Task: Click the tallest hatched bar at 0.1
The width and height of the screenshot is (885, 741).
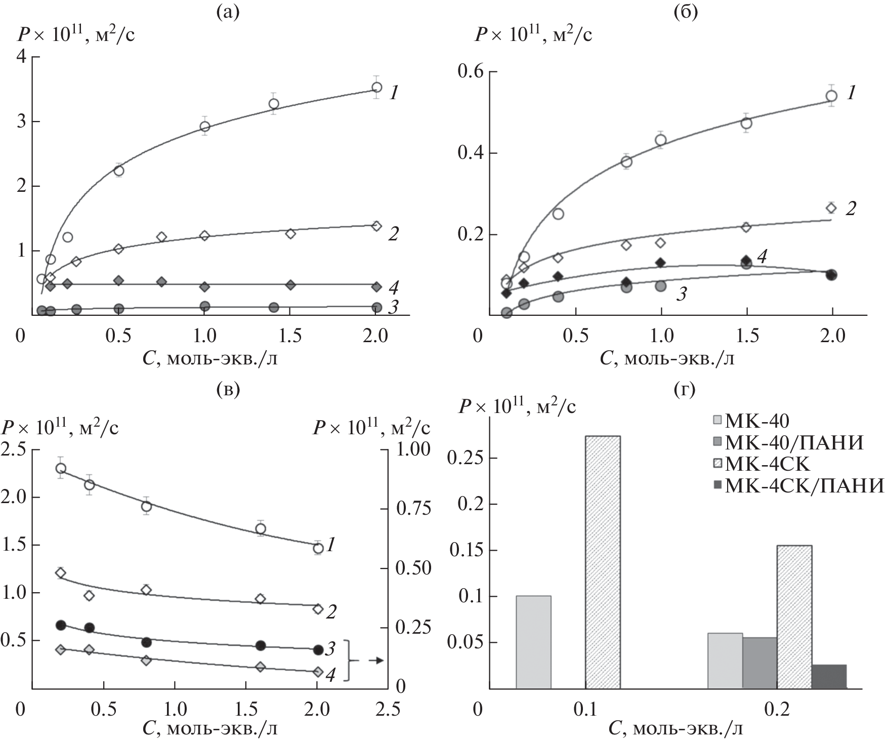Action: [603, 562]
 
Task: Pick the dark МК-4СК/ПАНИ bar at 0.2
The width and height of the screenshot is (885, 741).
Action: [828, 676]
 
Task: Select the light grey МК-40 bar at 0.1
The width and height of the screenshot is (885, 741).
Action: [533, 642]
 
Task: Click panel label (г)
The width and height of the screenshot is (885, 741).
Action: [685, 390]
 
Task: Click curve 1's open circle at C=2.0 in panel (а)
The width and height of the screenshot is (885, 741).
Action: [376, 87]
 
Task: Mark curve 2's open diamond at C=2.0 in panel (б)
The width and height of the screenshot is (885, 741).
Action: [831, 208]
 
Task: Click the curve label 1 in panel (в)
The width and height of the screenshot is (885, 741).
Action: [331, 545]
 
